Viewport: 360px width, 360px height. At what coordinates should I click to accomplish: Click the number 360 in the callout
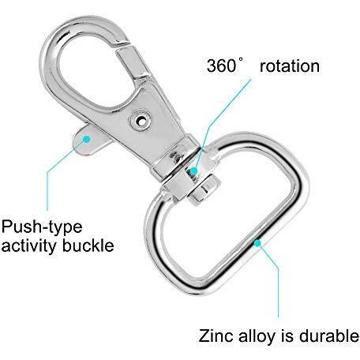coord(221,66)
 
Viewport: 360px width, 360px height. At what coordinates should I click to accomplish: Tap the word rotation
coord(290,66)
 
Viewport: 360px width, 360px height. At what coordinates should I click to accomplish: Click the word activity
coord(29,246)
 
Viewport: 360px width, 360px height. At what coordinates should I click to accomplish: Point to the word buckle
coord(88,246)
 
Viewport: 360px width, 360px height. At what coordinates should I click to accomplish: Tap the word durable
coord(329,336)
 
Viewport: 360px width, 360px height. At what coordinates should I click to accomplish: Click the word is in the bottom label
coord(288,336)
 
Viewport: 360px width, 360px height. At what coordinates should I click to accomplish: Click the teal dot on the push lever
coord(87,139)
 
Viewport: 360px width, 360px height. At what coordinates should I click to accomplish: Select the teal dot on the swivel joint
coord(193,171)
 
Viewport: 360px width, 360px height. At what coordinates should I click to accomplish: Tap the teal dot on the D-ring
coord(257,243)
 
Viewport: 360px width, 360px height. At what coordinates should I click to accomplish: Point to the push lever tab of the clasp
coord(90,141)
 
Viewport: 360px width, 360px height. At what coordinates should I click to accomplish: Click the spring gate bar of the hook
coord(133,62)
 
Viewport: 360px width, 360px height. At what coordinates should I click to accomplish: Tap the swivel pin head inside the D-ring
coord(204,190)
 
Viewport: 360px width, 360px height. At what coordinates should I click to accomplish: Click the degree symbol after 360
coord(241,61)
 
